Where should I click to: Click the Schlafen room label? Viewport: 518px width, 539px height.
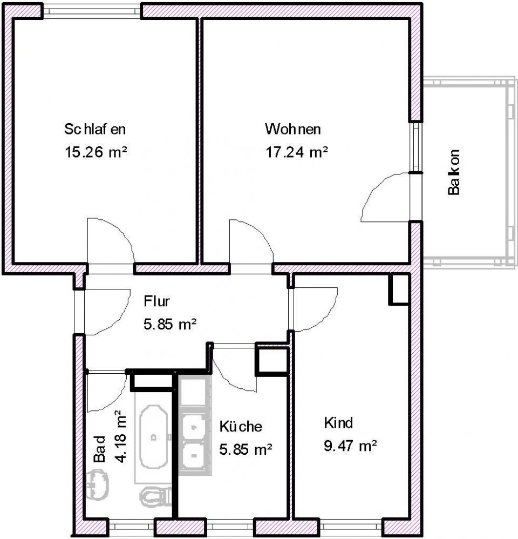pyautogui.click(x=95, y=129)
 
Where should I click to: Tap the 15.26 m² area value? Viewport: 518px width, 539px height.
pyautogui.click(x=96, y=152)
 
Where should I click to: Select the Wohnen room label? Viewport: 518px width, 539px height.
pyautogui.click(x=292, y=129)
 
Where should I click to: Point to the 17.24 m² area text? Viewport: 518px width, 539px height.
pyautogui.click(x=296, y=152)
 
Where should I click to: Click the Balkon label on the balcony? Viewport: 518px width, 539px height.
pyautogui.click(x=454, y=172)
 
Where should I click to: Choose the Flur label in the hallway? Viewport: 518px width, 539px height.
pyautogui.click(x=156, y=301)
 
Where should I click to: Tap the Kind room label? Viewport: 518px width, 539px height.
pyautogui.click(x=338, y=423)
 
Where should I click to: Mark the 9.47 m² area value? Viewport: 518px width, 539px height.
pyautogui.click(x=350, y=446)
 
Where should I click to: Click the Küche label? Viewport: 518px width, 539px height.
pyautogui.click(x=241, y=426)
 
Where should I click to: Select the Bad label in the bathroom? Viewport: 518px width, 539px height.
pyautogui.click(x=100, y=449)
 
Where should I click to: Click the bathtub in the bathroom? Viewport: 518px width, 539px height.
pyautogui.click(x=154, y=437)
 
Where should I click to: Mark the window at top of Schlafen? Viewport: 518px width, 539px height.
pyautogui.click(x=92, y=11)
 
